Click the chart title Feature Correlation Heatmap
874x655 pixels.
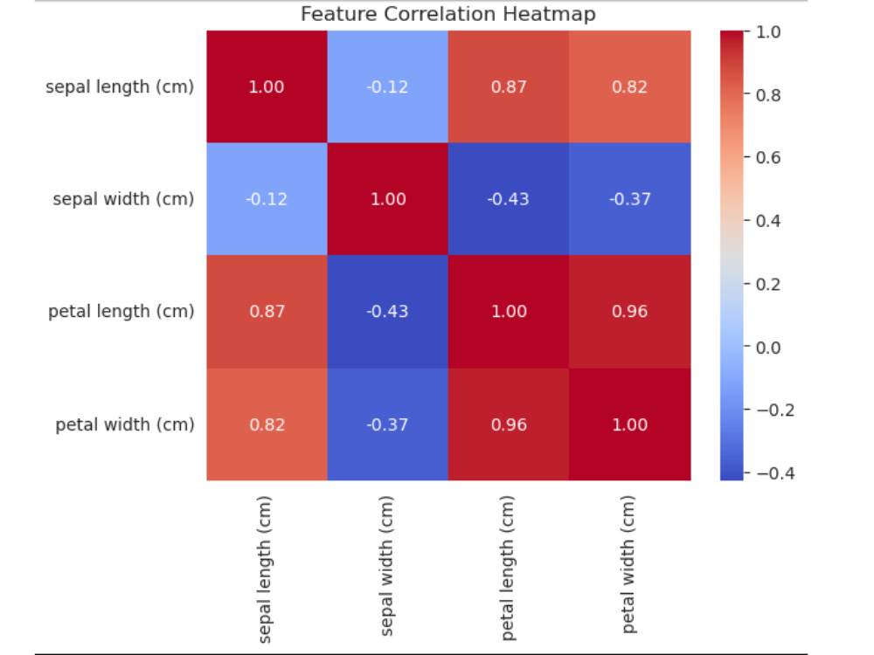tap(448, 14)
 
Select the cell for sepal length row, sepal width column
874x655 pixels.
tap(388, 86)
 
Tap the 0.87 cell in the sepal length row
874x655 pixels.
tap(509, 86)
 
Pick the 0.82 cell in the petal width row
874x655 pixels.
tap(267, 424)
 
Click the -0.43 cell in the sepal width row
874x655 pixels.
tap(509, 199)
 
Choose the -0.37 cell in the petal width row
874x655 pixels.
tap(388, 424)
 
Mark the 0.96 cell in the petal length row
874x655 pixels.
tap(629, 312)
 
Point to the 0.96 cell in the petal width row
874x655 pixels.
tap(509, 424)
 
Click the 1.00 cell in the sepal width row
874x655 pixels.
tap(388, 199)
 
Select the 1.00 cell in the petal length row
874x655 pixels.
tap(509, 312)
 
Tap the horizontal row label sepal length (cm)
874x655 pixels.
tap(120, 86)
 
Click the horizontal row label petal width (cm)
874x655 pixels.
tap(125, 424)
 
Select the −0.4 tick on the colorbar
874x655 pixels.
tap(766, 472)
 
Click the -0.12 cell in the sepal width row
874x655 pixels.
tap(267, 199)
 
